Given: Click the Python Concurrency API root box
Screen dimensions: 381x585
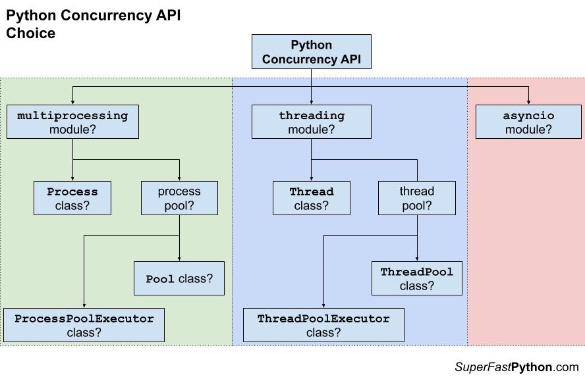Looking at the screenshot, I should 312,52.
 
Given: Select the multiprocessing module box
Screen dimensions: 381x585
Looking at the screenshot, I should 72,122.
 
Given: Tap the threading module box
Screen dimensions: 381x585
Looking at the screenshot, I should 312,122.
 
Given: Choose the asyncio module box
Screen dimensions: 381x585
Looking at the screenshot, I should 528,122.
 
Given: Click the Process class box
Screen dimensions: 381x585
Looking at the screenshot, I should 72,198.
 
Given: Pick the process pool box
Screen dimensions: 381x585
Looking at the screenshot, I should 179,198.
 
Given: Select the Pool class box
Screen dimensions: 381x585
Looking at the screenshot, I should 179,278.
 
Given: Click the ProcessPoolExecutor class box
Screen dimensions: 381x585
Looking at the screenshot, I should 84,325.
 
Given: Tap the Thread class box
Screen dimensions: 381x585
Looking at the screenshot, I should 312,198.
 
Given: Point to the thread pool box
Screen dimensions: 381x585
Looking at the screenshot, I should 416,198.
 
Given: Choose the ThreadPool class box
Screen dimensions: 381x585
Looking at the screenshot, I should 416,278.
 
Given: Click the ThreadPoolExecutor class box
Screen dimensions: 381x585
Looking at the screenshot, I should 323,325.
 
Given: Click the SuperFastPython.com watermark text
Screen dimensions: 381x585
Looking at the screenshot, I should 516,367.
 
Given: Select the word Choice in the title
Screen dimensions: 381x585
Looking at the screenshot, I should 31,33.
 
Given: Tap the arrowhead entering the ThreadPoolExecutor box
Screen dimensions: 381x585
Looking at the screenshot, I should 323,305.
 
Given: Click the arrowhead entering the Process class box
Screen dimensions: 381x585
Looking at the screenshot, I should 72,178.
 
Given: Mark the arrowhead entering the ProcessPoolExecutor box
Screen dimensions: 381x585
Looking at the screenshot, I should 84,305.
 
